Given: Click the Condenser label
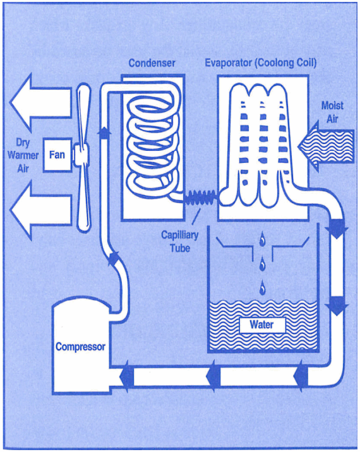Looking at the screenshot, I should point(152,63).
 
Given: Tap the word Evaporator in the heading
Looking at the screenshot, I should point(229,63).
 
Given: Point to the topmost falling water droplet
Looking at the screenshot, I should point(261,238).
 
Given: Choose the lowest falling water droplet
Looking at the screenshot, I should point(260,290).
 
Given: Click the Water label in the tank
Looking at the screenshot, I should point(261,325).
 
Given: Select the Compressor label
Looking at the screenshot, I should point(80,347).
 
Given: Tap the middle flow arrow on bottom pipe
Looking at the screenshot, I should point(212,373).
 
